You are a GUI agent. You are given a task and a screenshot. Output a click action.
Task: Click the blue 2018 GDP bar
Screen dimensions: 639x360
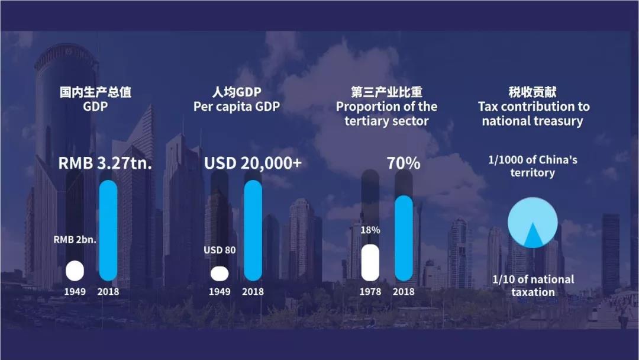(108, 230)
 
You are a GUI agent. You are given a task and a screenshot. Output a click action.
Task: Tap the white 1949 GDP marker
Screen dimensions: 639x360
(75, 271)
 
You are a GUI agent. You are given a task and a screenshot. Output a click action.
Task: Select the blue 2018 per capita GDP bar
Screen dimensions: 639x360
(253, 230)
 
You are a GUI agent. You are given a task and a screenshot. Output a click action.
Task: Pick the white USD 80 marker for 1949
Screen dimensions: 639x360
(220, 274)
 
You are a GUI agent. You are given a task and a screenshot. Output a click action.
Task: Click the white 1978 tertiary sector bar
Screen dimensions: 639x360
(370, 262)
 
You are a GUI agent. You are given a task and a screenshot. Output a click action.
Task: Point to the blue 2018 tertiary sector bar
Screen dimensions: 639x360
(404, 239)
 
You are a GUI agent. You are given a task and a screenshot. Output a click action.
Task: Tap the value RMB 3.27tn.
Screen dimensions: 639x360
(105, 163)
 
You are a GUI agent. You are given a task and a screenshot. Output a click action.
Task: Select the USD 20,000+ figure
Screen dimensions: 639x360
(253, 163)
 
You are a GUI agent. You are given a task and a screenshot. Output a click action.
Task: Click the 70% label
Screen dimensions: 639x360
(404, 163)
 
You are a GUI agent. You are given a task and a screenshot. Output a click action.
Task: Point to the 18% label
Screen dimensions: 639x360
(370, 230)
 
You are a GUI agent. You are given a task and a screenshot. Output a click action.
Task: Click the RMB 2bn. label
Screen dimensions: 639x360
(75, 239)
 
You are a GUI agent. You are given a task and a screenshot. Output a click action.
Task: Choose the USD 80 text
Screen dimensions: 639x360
(220, 250)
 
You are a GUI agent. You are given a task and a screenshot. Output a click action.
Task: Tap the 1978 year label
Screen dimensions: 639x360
(370, 291)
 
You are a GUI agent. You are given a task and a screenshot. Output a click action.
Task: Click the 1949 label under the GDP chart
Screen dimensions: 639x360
(75, 291)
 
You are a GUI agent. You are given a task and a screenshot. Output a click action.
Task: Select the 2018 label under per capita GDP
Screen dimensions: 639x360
(253, 291)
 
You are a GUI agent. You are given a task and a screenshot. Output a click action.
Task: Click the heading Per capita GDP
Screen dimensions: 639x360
(237, 107)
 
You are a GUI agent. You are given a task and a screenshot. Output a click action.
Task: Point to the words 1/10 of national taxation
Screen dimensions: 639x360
(533, 285)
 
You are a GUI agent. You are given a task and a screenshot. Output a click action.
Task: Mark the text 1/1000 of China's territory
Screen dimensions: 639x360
(532, 166)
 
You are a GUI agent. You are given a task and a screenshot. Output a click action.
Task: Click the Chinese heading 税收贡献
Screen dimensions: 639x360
(532, 92)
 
